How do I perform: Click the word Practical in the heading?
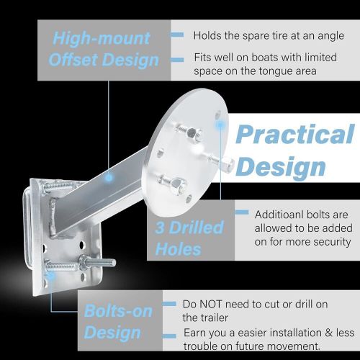294,134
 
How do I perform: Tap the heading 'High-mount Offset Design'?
103,49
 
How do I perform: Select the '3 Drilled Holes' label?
189,238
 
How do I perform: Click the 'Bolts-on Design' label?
118,322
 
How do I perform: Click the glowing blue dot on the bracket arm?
109,178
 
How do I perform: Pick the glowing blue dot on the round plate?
220,125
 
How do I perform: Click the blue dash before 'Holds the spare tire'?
177,35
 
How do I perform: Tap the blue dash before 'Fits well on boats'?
177,60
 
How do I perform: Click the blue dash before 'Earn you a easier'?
169,336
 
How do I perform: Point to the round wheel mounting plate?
185,149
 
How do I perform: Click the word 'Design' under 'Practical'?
281,167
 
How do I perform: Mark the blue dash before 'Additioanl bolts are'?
242,212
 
